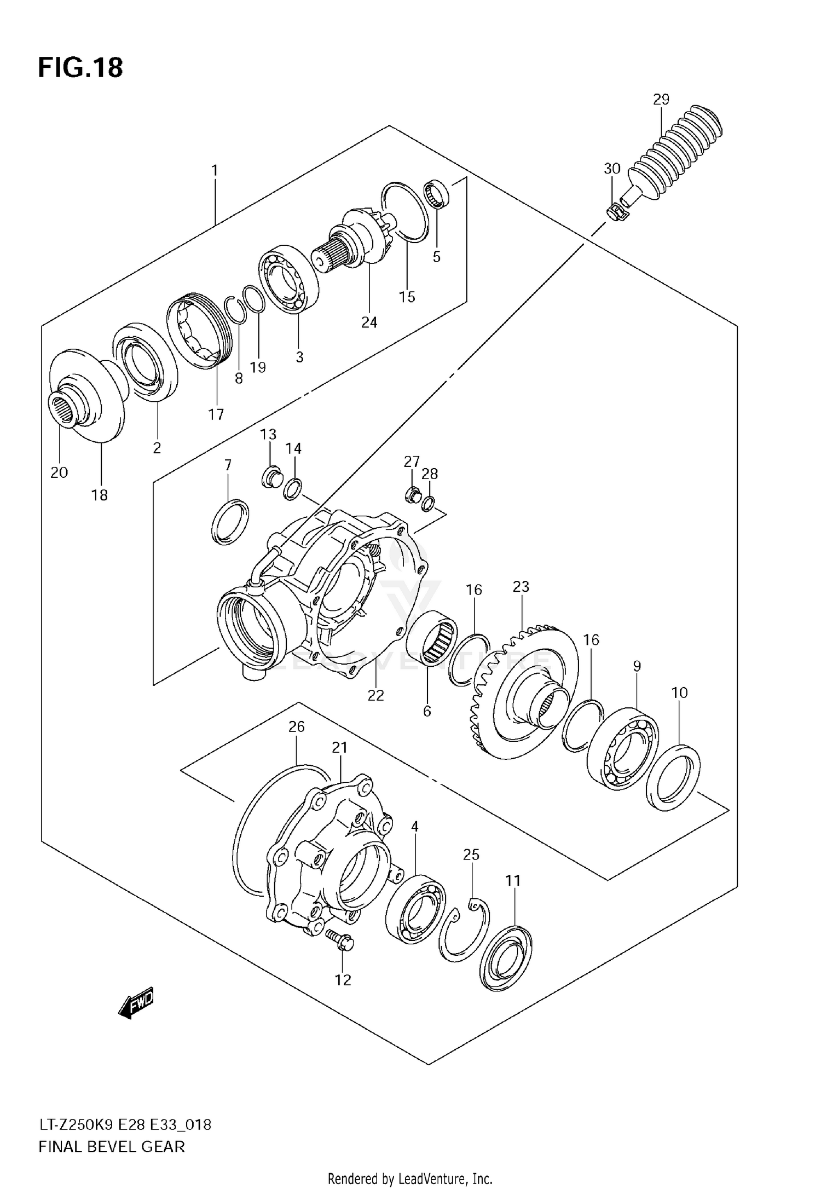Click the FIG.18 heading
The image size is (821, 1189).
click(80, 68)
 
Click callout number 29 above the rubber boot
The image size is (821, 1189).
click(661, 99)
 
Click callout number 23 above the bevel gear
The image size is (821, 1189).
click(521, 586)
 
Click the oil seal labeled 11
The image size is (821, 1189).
click(506, 958)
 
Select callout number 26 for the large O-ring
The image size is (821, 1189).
click(296, 727)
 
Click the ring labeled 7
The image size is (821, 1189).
click(229, 522)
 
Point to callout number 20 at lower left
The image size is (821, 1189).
click(59, 472)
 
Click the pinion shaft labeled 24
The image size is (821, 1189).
click(356, 241)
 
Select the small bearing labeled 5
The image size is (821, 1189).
click(436, 194)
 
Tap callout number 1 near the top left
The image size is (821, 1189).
click(215, 170)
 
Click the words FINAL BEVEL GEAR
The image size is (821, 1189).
click(112, 1146)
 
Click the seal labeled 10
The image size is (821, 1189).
click(673, 776)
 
